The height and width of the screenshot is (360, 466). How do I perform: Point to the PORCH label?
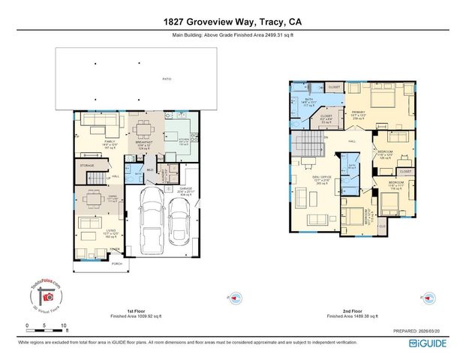pyautogui.click(x=116, y=263)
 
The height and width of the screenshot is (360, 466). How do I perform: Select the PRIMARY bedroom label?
pyautogui.click(x=358, y=111)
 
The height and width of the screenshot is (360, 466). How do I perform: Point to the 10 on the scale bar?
pyautogui.click(x=65, y=325)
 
